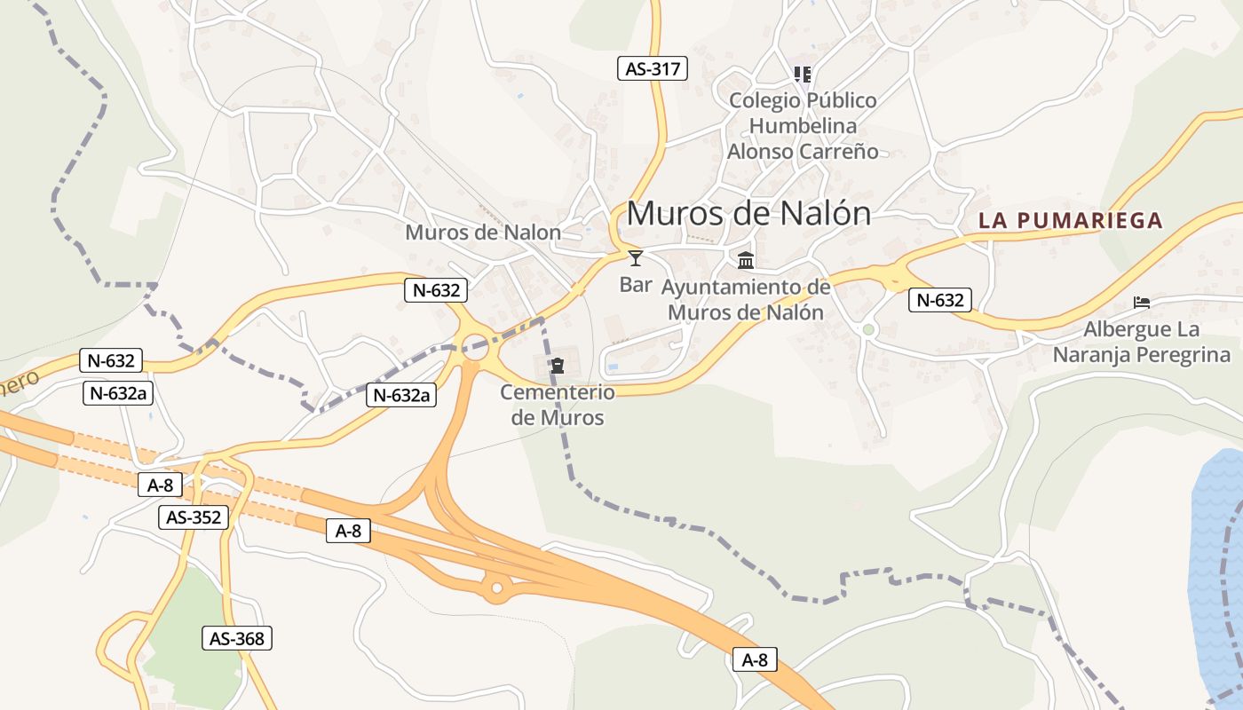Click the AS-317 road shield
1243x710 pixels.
tap(653, 68)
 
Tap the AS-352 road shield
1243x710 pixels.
tap(194, 517)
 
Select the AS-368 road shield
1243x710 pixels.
tap(237, 637)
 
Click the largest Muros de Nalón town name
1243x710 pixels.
tap(748, 214)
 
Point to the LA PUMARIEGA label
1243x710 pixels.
tap(1070, 220)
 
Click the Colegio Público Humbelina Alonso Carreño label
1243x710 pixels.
tap(803, 126)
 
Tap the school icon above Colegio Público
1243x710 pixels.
tap(803, 75)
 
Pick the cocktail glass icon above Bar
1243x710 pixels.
tap(636, 258)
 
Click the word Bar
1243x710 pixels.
tap(636, 285)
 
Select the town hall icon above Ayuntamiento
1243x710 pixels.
tap(746, 261)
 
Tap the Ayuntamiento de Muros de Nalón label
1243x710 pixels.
tap(746, 300)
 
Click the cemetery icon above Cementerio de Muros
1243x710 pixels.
tap(558, 366)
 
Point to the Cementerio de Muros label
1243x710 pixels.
tap(558, 405)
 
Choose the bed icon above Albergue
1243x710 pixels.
tap(1142, 303)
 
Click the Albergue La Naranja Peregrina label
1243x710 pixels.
tap(1142, 343)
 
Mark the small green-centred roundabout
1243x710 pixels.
tap(868, 330)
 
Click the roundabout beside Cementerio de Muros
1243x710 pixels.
tap(475, 347)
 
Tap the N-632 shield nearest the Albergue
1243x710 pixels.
tap(940, 300)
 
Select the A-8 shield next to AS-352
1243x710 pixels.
tap(160, 485)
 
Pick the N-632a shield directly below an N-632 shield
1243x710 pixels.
tap(118, 393)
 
